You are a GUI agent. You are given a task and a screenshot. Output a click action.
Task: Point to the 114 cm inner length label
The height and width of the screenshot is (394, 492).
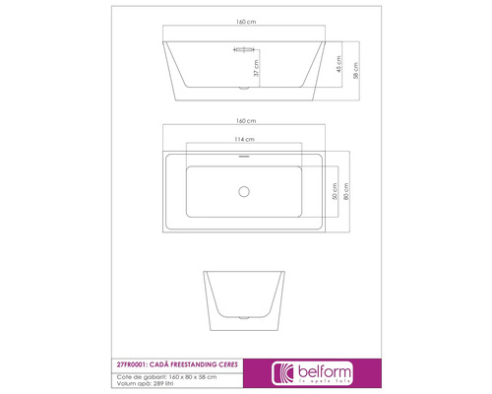pyautogui.click(x=245, y=138)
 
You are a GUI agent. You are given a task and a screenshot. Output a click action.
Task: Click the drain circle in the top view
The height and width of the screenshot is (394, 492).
pyautogui.click(x=245, y=188)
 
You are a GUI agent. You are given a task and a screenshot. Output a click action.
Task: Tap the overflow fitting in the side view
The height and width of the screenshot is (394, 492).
pyautogui.click(x=245, y=48)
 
